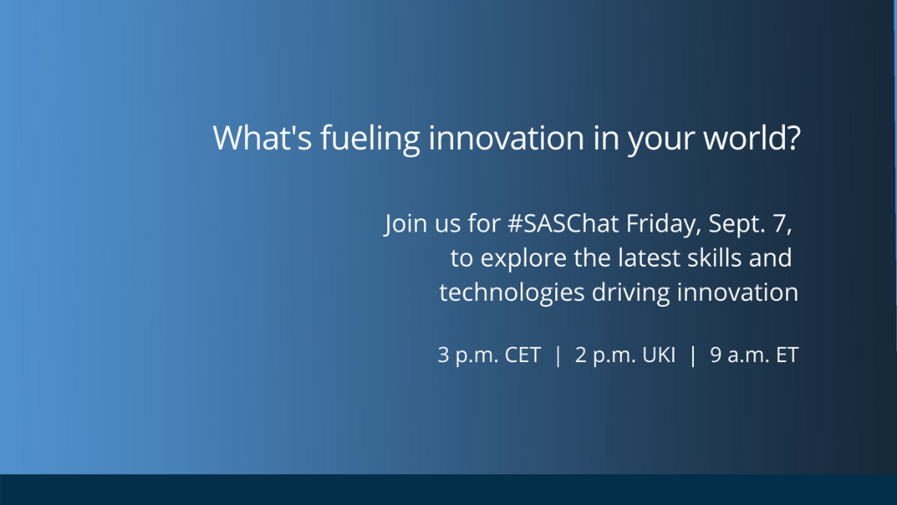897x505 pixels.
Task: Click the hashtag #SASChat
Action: [x=563, y=224]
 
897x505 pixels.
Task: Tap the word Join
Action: [x=403, y=224]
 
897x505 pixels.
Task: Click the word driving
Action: [x=629, y=292]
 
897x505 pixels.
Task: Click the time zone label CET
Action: [x=523, y=357]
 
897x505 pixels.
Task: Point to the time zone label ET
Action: [x=787, y=357]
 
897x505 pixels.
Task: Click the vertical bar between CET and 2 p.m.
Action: [x=558, y=357]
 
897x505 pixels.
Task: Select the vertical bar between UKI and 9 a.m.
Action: [x=693, y=357]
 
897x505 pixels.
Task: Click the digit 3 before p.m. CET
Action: [x=443, y=357]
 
